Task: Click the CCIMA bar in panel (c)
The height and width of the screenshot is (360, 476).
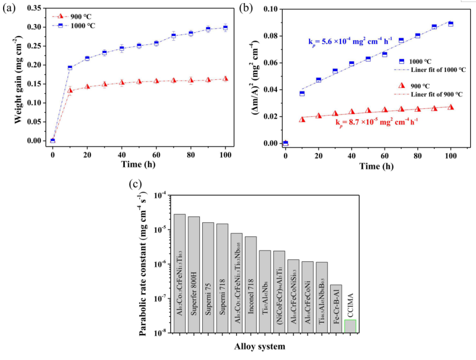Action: (350, 326)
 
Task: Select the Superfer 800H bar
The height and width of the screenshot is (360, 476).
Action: (194, 274)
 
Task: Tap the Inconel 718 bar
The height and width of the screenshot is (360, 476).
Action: (251, 284)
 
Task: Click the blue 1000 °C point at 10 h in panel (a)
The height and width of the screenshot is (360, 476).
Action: (70, 67)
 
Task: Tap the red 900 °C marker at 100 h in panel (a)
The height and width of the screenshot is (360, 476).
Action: (225, 79)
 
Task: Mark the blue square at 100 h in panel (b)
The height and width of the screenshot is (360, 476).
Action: (451, 24)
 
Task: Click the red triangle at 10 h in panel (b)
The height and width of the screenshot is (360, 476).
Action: (302, 119)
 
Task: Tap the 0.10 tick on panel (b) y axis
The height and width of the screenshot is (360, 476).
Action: (269, 9)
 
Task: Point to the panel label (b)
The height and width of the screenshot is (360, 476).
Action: (246, 8)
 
